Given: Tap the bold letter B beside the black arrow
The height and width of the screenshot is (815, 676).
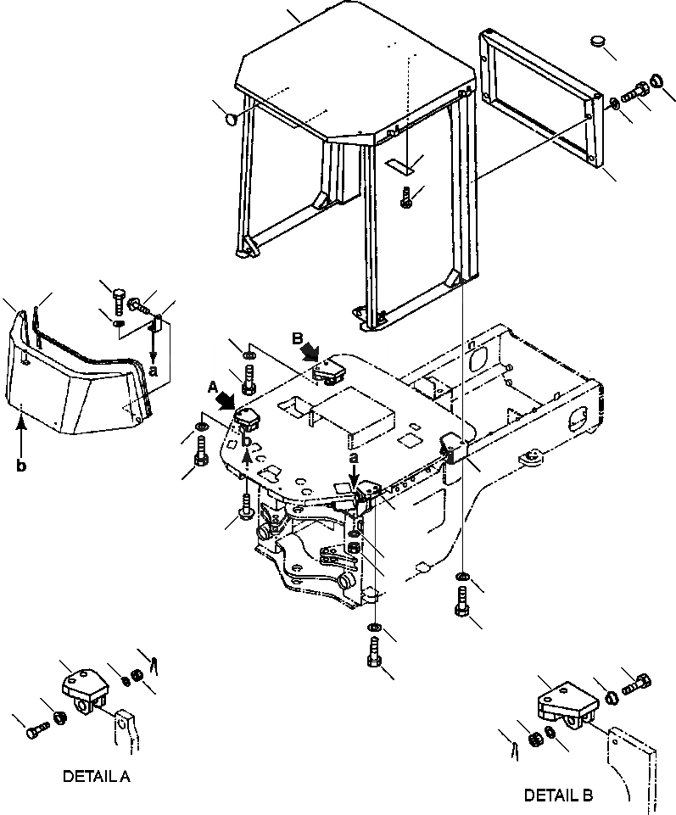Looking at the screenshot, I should click(x=298, y=338).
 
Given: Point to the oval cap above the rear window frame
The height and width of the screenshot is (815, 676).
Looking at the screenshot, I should click(x=599, y=42).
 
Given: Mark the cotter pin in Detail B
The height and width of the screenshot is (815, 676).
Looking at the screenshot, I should click(x=514, y=750).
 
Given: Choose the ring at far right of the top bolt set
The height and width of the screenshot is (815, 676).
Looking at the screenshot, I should click(x=656, y=82).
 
